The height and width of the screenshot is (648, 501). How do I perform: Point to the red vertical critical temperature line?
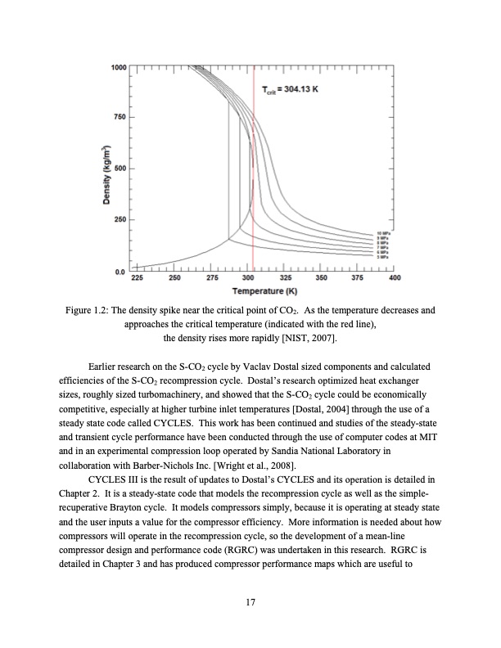[253, 164]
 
